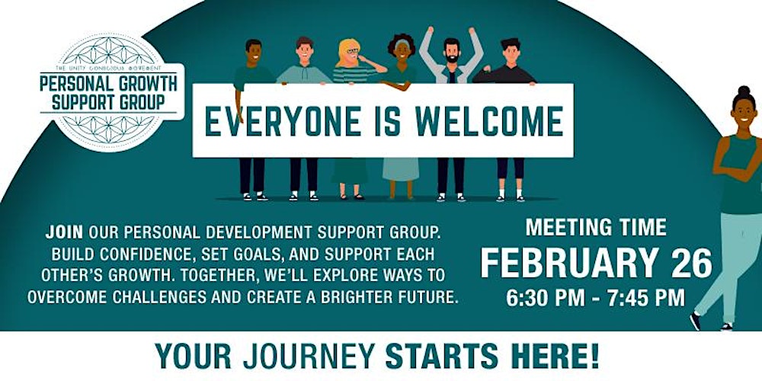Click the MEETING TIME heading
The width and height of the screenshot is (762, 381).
pyautogui.click(x=596, y=227)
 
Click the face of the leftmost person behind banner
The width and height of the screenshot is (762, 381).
pyautogui.click(x=255, y=54)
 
